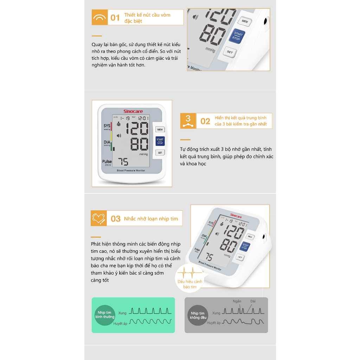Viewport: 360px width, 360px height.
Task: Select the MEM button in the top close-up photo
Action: [245, 21]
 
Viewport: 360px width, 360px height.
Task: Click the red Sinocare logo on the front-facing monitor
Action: [133, 111]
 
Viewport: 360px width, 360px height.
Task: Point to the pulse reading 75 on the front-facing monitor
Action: [123, 162]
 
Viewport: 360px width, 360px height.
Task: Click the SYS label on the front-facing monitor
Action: [107, 126]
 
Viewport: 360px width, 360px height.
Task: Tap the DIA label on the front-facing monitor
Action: [107, 142]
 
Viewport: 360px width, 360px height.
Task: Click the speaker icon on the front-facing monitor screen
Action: [119, 136]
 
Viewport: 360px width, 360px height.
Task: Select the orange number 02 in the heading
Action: [205, 121]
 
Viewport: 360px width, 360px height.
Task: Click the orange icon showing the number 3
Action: [188, 121]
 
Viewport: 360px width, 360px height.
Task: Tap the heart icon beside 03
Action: [98, 218]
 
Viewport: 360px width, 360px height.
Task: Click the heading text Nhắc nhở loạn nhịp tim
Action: [151, 219]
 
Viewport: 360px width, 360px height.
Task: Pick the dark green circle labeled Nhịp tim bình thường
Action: [105, 315]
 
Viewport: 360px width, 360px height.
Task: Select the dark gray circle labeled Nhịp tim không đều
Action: [198, 315]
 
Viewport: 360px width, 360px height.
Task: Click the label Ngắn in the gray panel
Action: [237, 301]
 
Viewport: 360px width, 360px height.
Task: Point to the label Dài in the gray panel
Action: [253, 301]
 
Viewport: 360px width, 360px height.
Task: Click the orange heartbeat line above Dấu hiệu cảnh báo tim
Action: [189, 273]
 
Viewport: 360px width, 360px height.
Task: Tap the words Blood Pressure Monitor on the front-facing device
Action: [131, 171]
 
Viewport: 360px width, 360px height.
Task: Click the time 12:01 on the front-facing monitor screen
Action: [143, 118]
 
